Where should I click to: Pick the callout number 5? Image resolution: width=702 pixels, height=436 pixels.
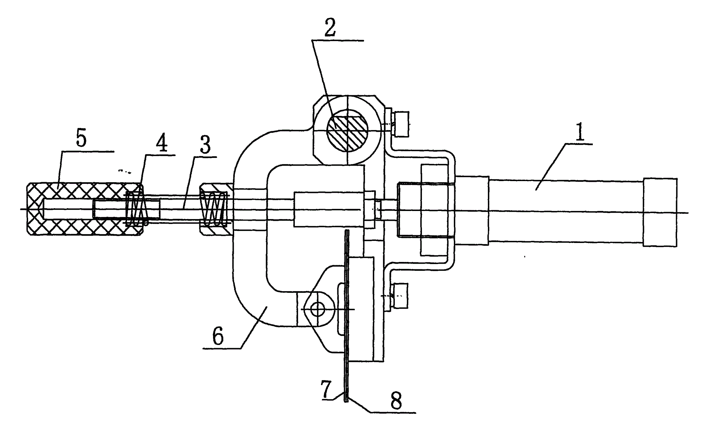pyautogui.click(x=81, y=139)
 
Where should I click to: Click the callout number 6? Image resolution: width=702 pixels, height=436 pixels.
pyautogui.click(x=218, y=337)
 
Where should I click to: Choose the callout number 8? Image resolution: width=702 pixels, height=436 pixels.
pyautogui.click(x=396, y=401)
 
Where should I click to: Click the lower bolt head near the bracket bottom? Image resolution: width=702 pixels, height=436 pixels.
pyautogui.click(x=402, y=296)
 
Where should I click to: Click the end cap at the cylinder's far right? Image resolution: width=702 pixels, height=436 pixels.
pyautogui.click(x=660, y=212)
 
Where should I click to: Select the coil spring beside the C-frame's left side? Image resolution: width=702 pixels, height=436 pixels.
pyautogui.click(x=214, y=210)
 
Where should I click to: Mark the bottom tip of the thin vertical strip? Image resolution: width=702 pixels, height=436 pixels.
pyautogui.click(x=347, y=402)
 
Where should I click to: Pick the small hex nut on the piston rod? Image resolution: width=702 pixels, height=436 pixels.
pyautogui.click(x=378, y=210)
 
